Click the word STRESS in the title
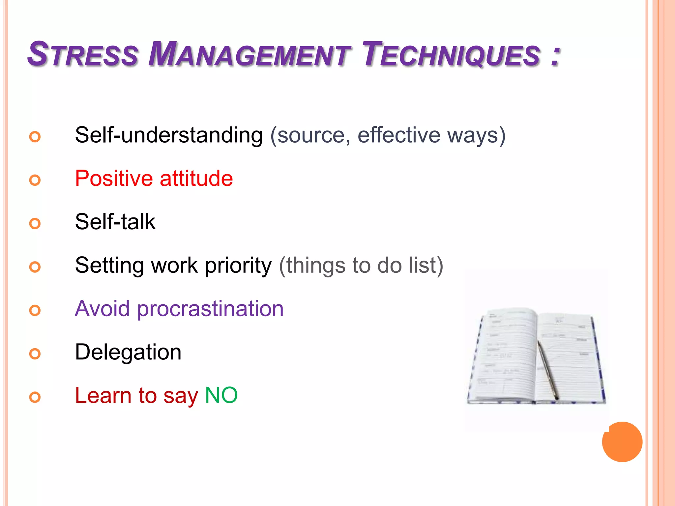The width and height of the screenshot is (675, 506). click(x=82, y=54)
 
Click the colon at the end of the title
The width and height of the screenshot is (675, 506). click(x=555, y=56)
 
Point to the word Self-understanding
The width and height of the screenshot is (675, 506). click(x=169, y=135)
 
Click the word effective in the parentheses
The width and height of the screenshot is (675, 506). click(x=399, y=135)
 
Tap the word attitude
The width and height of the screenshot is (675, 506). click(x=196, y=179)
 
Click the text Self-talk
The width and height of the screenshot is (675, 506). click(x=115, y=222)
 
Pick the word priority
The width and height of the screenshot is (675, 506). click(x=238, y=266)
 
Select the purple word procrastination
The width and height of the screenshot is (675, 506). click(x=210, y=309)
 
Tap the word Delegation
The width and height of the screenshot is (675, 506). click(x=128, y=352)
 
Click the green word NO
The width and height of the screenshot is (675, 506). click(x=221, y=395)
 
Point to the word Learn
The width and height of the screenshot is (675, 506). click(x=103, y=395)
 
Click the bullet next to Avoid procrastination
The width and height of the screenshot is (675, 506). click(x=35, y=310)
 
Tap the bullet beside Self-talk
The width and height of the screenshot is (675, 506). click(x=35, y=224)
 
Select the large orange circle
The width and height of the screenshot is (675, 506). click(x=622, y=442)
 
